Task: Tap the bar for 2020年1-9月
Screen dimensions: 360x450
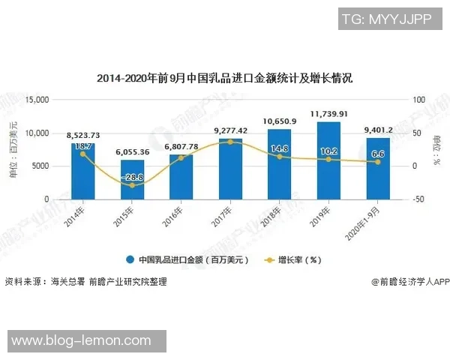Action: [378, 169]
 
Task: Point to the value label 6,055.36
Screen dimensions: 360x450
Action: [133, 152]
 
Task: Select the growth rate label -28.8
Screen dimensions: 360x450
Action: [133, 177]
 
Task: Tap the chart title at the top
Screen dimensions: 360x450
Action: [224, 78]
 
